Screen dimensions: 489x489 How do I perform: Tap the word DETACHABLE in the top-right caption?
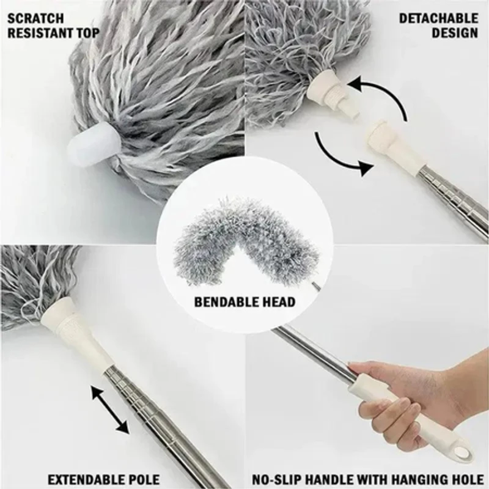(438, 18)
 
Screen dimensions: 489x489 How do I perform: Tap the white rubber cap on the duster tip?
(93, 147)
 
